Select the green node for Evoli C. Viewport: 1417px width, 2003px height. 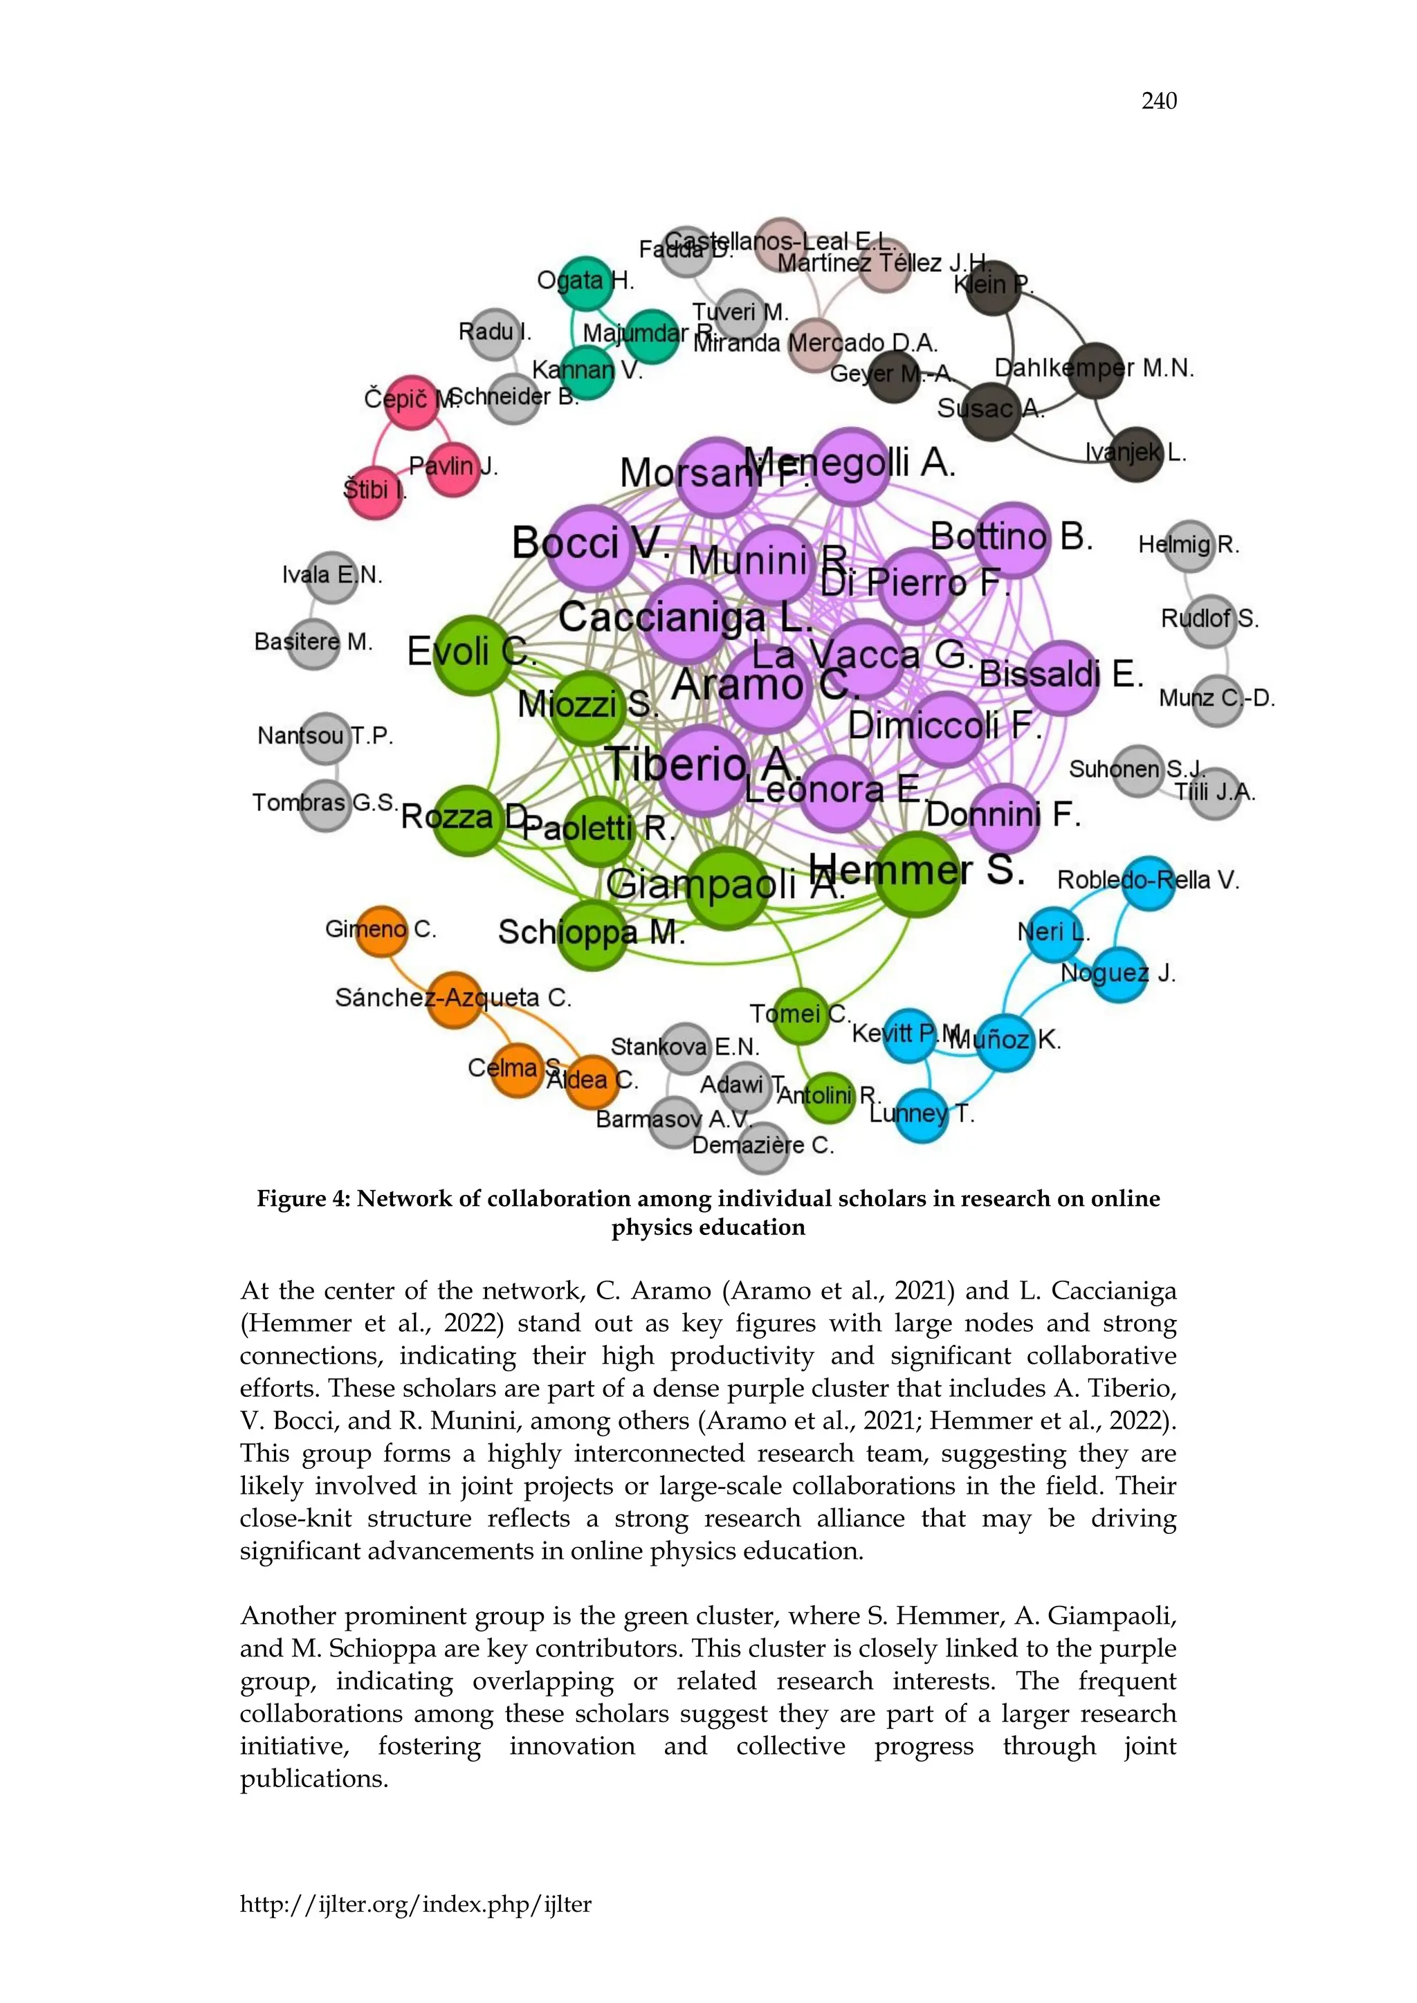(472, 655)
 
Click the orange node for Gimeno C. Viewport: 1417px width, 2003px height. (382, 930)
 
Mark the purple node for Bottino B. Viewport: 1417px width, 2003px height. (1012, 539)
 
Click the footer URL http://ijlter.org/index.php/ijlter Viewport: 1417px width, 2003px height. (415, 1903)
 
